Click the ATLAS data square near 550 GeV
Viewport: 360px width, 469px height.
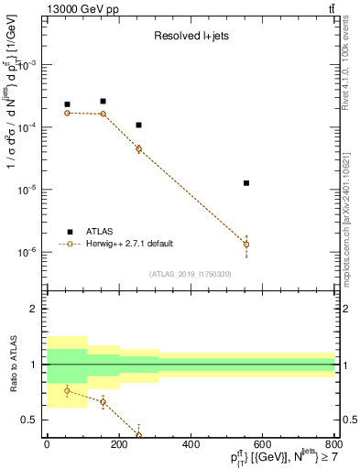click(x=246, y=183)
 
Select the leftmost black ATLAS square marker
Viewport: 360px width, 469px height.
click(x=68, y=104)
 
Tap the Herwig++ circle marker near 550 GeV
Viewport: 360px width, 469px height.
click(x=246, y=244)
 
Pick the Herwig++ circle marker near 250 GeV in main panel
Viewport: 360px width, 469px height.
click(x=138, y=148)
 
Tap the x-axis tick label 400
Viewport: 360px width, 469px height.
click(x=191, y=444)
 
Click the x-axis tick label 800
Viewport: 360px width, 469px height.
click(x=334, y=444)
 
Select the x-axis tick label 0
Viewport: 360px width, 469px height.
click(x=47, y=444)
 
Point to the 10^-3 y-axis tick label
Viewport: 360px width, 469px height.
click(x=29, y=66)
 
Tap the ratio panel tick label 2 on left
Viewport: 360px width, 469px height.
click(x=36, y=310)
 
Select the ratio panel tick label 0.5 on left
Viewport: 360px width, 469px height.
click(x=32, y=420)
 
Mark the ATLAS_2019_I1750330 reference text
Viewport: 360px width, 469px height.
click(x=191, y=274)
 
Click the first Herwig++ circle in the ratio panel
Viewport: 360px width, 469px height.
click(x=68, y=391)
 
